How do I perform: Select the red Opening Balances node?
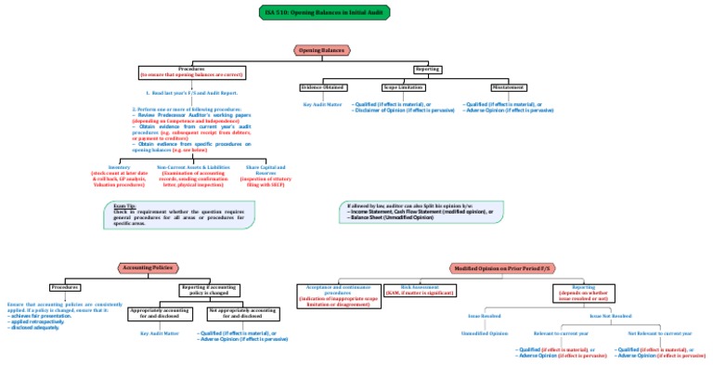tap(321, 49)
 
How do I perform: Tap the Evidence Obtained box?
tap(322, 87)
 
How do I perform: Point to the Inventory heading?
tap(120, 167)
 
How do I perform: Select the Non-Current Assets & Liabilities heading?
tap(193, 167)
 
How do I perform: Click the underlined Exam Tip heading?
tap(124, 205)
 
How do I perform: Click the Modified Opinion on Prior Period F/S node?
tap(501, 268)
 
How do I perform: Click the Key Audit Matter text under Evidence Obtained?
tap(322, 105)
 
